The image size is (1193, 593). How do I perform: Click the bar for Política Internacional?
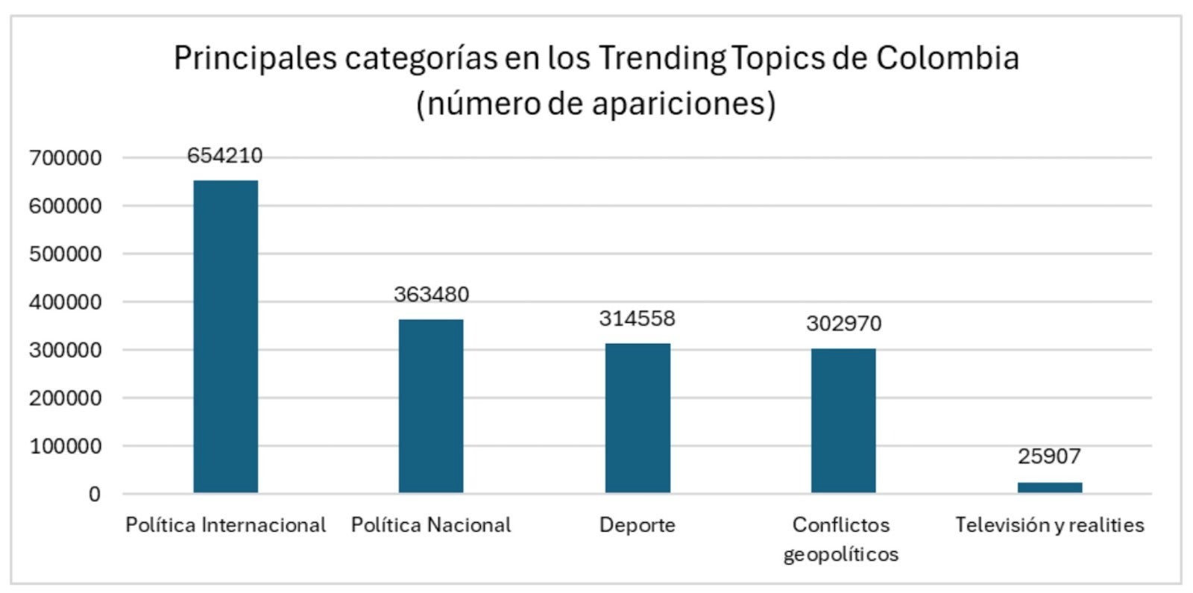[225, 336]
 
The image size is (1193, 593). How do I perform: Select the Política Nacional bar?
[431, 406]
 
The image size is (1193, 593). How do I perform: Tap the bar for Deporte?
[638, 418]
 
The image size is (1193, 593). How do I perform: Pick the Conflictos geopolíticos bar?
[843, 421]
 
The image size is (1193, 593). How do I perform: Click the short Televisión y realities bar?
[1049, 488]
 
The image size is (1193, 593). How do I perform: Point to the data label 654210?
[225, 155]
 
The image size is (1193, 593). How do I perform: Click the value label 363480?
[431, 294]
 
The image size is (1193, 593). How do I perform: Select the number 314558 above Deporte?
[638, 319]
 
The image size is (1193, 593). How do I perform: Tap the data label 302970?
[843, 323]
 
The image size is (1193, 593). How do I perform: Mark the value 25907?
[1049, 456]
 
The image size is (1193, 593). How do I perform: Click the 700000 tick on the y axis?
[66, 158]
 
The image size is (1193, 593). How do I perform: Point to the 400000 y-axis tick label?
[66, 302]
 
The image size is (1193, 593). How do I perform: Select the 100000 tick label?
[66, 446]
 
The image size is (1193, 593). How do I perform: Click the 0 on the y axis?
[94, 494]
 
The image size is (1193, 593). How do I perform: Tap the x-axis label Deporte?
[638, 525]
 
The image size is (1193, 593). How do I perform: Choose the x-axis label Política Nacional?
[431, 525]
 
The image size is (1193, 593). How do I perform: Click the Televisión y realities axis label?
[1049, 525]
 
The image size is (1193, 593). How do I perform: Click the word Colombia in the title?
[947, 57]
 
